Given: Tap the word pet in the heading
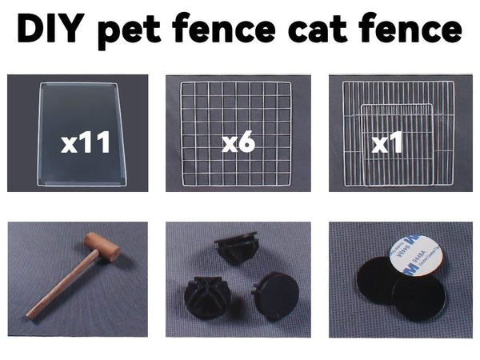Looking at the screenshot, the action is coord(129,31).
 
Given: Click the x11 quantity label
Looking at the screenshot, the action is coord(86,142).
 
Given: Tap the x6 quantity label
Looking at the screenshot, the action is coord(238,142).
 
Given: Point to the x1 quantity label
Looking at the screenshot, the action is coord(386,142).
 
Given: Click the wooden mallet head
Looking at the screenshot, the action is coord(102,247).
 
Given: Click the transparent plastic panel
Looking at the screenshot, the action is coord(82,134).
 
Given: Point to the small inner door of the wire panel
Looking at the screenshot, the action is coord(398,145).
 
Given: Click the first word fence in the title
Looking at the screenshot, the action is coord(224,28).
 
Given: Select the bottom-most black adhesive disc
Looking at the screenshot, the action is coord(418,298).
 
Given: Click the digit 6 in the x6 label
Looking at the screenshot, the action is coord(246,142).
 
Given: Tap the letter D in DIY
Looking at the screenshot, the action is coord(30,28).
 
